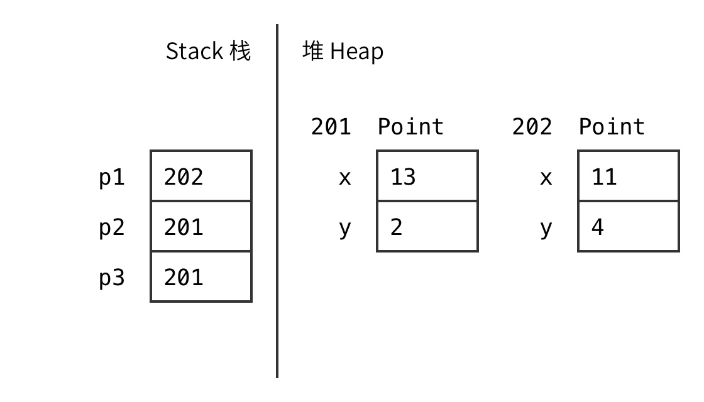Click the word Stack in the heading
[194, 51]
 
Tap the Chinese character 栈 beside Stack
[240, 51]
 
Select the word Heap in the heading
[357, 52]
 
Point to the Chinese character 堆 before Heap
[313, 50]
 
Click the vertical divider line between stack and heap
[277, 201]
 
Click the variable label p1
[111, 177]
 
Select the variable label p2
[111, 227]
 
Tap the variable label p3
[111, 278]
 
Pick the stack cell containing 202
[201, 176]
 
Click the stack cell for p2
[201, 226]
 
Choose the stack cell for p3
[201, 277]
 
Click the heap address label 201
[331, 126]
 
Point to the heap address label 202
[532, 126]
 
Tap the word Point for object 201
[410, 126]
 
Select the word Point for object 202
[612, 126]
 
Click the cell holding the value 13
[427, 176]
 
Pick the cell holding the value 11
[629, 176]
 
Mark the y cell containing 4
[629, 226]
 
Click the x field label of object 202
[546, 178]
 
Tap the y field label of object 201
[345, 229]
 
